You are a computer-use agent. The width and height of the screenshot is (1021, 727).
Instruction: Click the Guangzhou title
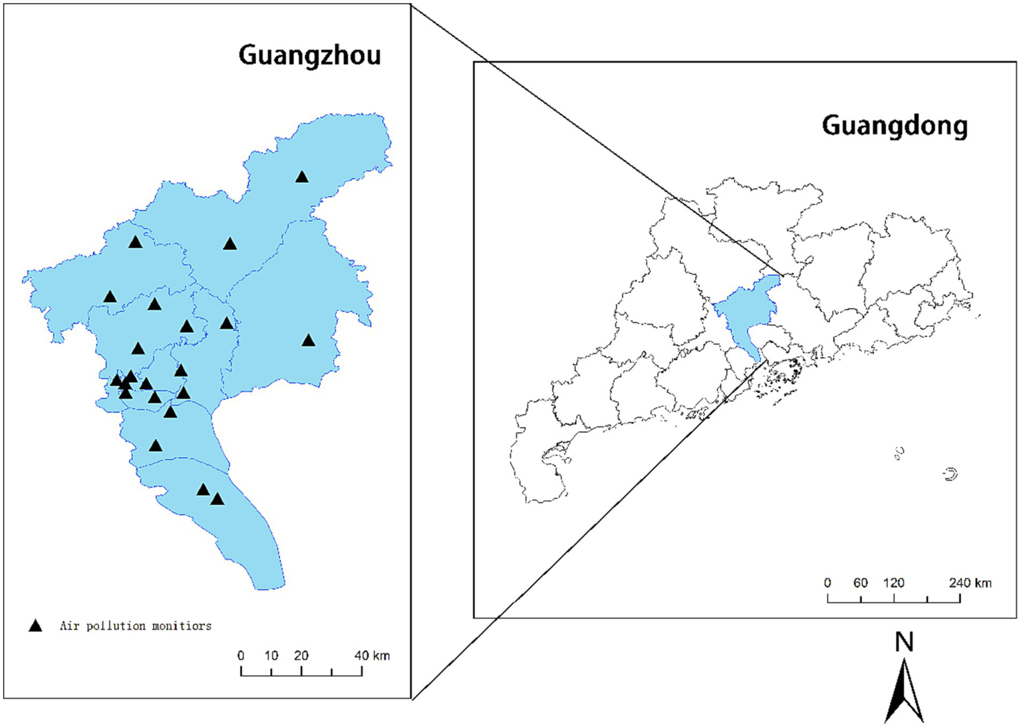(309, 55)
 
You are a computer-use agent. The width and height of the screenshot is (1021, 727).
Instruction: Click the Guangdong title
(895, 126)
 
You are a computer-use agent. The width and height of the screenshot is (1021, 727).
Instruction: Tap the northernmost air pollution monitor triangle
(302, 177)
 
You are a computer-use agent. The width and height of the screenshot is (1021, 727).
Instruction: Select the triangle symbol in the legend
(35, 626)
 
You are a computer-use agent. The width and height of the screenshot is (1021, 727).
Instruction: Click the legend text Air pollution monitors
(136, 626)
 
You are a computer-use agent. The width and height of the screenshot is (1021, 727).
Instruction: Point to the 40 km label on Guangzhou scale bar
(372, 656)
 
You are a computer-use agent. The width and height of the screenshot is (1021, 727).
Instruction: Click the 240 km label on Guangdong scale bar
(970, 583)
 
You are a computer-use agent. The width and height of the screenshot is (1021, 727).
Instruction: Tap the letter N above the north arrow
(904, 643)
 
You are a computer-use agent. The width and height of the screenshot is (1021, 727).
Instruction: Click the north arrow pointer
(904, 692)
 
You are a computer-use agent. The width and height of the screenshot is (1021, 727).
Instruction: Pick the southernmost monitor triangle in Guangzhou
(218, 499)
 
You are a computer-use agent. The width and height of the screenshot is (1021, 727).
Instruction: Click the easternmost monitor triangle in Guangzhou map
(308, 341)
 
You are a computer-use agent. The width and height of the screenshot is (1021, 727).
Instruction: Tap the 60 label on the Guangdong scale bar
(861, 583)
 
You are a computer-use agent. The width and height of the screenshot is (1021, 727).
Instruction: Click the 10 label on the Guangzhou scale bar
(271, 656)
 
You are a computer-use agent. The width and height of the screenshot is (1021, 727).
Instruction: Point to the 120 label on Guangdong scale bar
(893, 583)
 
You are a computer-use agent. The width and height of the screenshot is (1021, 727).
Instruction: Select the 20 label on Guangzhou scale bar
(301, 656)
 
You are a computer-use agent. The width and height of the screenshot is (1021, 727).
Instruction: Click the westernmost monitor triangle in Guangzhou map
(110, 297)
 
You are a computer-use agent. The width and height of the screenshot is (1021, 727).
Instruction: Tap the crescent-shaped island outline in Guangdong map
(950, 474)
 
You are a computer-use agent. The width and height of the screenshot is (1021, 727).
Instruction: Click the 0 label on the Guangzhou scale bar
(241, 656)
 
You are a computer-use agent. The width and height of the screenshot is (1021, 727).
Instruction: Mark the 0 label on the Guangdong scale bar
(827, 583)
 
